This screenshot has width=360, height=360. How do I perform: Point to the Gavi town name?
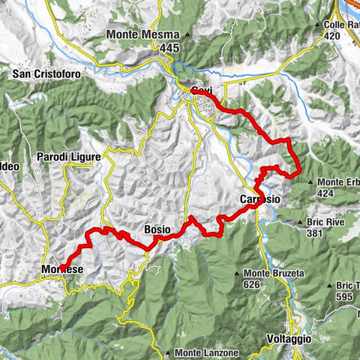[x=200, y=91]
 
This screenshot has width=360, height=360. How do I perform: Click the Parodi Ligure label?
[x=68, y=157]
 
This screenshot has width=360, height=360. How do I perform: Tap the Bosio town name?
[x=157, y=229]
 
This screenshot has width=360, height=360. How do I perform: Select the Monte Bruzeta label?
[x=275, y=274]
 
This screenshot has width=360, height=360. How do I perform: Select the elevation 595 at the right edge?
[x=345, y=296]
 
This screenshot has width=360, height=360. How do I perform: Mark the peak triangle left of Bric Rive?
[x=300, y=222]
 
